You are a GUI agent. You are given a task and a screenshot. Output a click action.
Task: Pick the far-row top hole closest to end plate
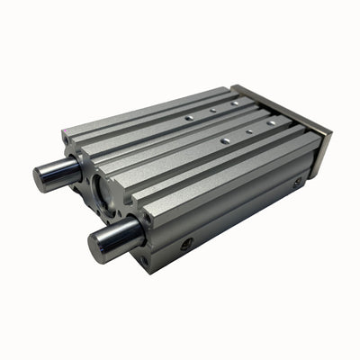235,103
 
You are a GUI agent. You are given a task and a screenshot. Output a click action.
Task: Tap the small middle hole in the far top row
212,110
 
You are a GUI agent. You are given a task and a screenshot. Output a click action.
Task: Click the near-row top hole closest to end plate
271,120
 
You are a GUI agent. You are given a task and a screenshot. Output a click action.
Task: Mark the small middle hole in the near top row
248,131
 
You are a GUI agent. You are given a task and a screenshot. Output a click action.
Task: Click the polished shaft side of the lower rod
121,235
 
